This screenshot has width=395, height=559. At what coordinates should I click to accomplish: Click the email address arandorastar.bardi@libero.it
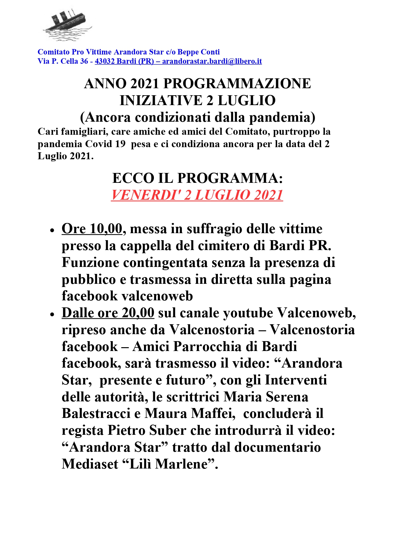click(212, 61)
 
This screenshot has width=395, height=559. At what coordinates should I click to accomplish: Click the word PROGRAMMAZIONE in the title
click(237, 83)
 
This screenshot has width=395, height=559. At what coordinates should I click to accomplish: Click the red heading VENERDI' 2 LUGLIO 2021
click(197, 195)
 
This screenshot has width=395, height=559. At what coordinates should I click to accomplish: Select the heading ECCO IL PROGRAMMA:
click(197, 178)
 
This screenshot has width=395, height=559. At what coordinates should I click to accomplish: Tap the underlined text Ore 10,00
click(92, 229)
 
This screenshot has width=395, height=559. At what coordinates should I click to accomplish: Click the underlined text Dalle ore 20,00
click(108, 313)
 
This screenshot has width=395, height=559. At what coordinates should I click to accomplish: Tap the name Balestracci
click(96, 413)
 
